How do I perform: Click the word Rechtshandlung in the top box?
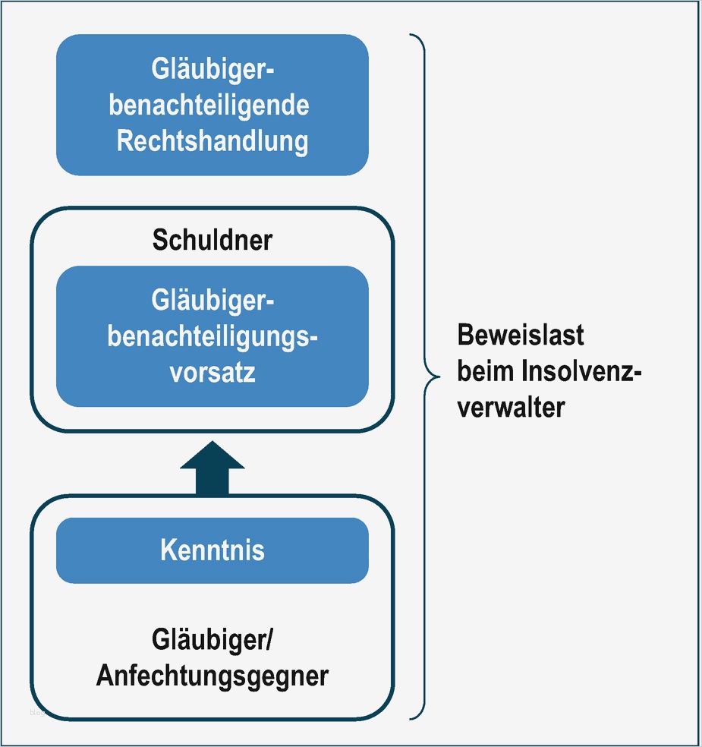point(212,141)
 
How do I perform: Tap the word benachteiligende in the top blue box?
point(209,105)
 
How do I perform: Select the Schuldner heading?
point(212,240)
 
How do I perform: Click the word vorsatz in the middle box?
point(212,373)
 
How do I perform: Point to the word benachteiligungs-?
point(212,336)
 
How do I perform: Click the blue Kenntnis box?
point(212,550)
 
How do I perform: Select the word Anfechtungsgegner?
point(212,675)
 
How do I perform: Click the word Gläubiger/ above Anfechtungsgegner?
point(212,640)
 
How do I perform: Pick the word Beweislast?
point(521,335)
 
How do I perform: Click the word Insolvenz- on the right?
point(582,371)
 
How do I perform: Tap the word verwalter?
point(511,407)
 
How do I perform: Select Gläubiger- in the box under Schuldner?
point(212,301)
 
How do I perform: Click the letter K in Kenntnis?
point(167,550)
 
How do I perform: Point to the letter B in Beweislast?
point(464,335)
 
